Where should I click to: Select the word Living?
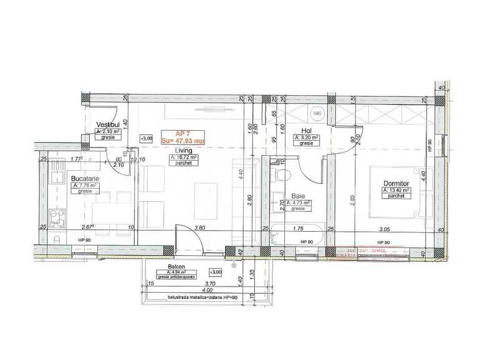[183, 151]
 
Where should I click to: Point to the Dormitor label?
[395, 183]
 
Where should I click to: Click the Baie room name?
[298, 196]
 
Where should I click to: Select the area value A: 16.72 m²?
[184, 158]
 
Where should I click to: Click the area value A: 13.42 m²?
[395, 190]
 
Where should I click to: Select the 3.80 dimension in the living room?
[199, 228]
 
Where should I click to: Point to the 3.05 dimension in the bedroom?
[385, 229]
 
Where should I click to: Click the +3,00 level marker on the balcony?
[216, 272]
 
